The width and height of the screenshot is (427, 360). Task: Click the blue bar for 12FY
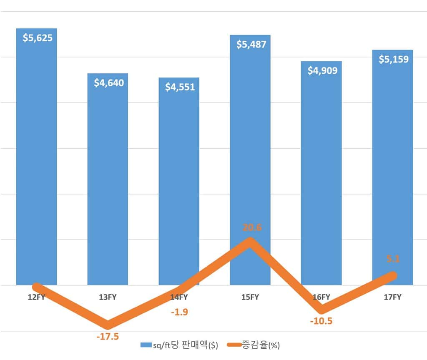37,158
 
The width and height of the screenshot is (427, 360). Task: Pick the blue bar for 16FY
321,175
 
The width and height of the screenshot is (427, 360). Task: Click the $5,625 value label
38,38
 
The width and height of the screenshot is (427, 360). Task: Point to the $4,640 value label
109,83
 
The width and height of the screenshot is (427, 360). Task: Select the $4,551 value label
180,87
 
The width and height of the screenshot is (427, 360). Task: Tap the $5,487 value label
251,44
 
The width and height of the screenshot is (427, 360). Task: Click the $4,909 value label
322,70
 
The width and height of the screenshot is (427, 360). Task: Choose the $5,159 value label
394,59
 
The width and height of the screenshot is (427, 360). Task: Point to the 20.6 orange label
251,227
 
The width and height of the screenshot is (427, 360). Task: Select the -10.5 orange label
322,321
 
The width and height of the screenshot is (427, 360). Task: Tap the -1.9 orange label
179,312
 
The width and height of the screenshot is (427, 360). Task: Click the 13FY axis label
108,297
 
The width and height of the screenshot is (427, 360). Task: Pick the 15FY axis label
250,297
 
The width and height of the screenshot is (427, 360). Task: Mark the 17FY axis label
392,297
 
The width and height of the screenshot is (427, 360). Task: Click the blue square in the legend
146,345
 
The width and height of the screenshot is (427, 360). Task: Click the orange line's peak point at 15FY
250,241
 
